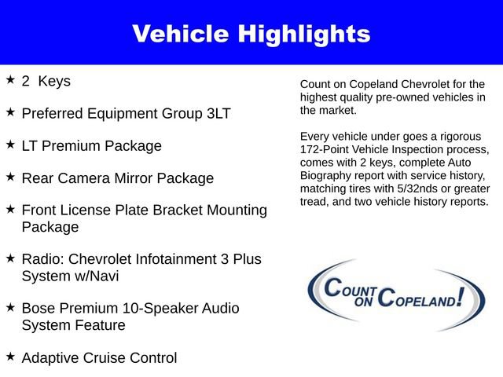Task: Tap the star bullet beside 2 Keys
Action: pos(10,80)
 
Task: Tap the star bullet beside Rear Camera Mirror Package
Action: pos(10,178)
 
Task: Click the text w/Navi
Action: pos(101,276)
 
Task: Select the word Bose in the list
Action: pos(39,308)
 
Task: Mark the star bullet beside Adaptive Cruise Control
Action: pos(10,357)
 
